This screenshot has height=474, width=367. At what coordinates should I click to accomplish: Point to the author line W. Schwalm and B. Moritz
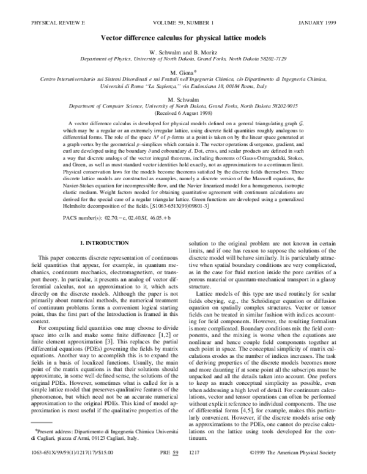(x=184, y=53)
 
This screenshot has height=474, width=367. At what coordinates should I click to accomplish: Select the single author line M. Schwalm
(x=184, y=99)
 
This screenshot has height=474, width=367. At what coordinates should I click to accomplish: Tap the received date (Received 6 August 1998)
(x=184, y=112)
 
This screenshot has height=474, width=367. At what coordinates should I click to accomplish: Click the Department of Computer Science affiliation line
(x=184, y=106)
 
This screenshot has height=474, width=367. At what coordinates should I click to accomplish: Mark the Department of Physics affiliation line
(x=184, y=59)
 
